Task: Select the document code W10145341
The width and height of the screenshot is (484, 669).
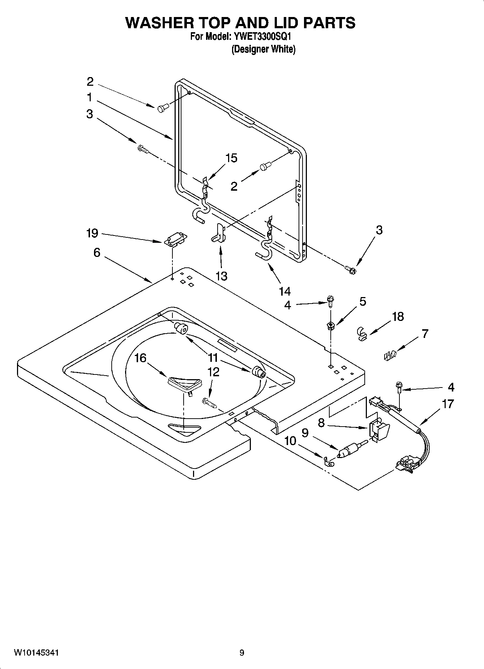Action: [37, 653]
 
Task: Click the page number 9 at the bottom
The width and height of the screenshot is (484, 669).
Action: [242, 653]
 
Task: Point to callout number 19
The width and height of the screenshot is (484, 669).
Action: [93, 233]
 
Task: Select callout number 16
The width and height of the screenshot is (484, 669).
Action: [140, 358]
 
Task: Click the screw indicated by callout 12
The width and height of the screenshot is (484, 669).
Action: [209, 402]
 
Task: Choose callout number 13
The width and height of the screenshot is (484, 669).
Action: [221, 276]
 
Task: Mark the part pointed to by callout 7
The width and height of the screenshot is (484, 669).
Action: [390, 356]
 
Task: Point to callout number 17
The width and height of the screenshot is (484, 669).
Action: [448, 403]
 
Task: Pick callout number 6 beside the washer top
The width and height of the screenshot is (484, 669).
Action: [97, 253]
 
